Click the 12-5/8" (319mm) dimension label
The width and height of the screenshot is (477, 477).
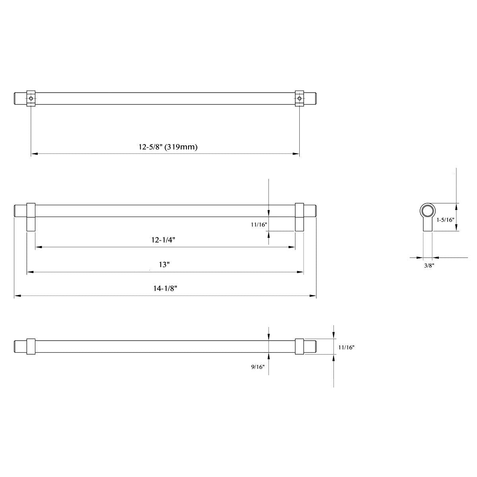coord(168,147)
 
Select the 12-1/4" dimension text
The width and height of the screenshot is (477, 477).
coord(164,240)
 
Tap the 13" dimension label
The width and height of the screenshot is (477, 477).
coord(164,265)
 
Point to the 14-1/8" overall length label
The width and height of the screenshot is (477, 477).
coord(165,289)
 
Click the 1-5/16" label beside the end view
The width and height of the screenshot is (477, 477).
coord(445,219)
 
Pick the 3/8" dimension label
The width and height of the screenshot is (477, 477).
coord(429,266)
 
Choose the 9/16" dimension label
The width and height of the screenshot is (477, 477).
coord(258,367)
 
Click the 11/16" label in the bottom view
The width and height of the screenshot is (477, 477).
coord(346,347)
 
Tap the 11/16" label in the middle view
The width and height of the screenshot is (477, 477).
coord(259,225)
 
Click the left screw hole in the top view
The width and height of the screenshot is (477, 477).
coord(31,98)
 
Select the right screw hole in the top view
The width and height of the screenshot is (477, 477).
coord(299,98)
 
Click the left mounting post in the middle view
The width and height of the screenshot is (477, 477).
coord(31,217)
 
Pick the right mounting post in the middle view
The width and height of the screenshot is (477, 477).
coord(299,217)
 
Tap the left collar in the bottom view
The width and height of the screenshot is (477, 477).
coord(31,347)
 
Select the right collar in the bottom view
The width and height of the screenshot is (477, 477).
coord(299,347)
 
